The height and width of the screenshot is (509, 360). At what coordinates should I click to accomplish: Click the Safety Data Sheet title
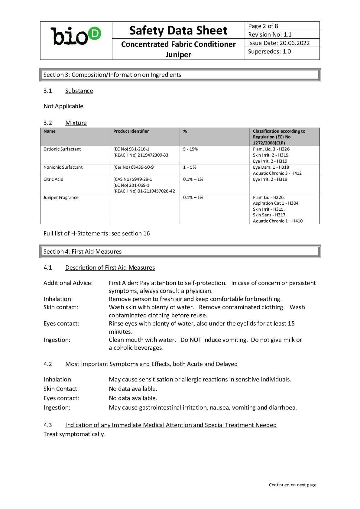coord(178,31)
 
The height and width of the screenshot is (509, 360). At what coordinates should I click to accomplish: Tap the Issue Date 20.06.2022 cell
coord(279,43)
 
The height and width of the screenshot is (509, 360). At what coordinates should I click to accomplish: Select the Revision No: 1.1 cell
coord(270,34)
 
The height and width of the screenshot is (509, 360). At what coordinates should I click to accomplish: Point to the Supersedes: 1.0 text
coord(269,51)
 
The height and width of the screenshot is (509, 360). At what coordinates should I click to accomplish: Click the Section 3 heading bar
coord(180,75)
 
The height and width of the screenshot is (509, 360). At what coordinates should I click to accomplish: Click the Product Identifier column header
coord(131,131)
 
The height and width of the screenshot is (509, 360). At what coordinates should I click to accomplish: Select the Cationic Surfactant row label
coord(62,149)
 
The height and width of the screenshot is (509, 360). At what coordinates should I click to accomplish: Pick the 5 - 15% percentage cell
coord(190,149)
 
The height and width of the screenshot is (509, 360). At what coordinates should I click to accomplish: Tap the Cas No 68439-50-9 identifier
coord(133,167)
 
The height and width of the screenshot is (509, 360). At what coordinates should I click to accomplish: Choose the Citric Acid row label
coord(54,179)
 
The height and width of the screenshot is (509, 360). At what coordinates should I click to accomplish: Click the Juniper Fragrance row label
coord(61,197)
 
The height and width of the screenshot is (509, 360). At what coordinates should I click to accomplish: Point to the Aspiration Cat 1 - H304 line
coord(275,203)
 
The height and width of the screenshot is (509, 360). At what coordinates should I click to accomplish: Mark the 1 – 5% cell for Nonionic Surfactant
coord(190,167)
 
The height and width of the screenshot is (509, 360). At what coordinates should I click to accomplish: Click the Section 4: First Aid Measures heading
coord(83,251)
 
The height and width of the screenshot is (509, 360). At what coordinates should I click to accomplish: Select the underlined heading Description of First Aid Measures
coord(110,267)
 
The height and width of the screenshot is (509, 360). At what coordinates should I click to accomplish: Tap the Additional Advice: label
coord(68,283)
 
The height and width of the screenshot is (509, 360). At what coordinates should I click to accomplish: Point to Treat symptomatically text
coord(74,434)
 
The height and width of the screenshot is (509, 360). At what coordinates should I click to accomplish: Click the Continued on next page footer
coord(293,485)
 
